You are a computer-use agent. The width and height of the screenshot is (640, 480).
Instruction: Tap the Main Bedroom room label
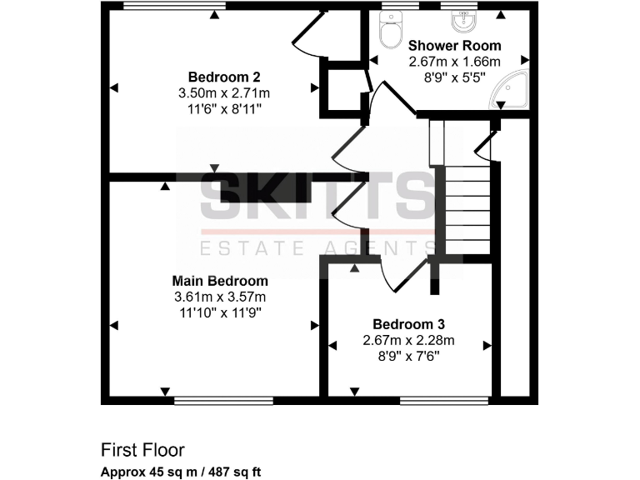(x=220, y=281)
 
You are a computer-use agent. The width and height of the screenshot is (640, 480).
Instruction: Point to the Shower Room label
(x=454, y=46)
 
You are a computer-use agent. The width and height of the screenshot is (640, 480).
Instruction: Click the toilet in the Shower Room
(x=389, y=34)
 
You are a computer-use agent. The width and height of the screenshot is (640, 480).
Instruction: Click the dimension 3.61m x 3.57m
(x=220, y=297)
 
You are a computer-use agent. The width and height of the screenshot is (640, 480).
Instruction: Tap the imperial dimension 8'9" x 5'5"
(x=454, y=77)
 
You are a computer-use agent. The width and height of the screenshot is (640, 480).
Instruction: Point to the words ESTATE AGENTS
(x=317, y=247)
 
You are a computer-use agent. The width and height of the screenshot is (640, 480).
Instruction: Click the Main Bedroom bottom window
(x=222, y=400)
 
